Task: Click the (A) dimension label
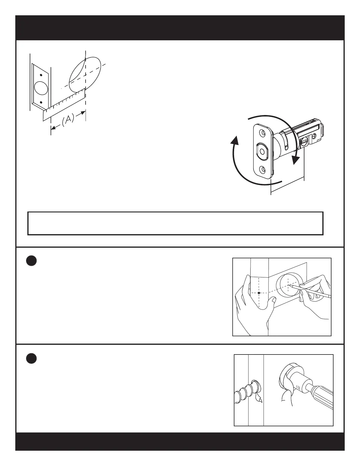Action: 68,120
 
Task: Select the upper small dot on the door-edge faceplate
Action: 41,75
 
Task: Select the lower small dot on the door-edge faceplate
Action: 41,102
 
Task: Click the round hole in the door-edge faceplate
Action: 41,88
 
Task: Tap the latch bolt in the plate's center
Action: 261,151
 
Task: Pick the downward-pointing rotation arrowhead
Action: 295,161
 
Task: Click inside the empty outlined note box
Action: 175,223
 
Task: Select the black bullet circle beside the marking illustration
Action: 31,261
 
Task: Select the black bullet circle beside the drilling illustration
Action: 31,358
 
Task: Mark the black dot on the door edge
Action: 259,293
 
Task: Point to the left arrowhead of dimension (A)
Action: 53,128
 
